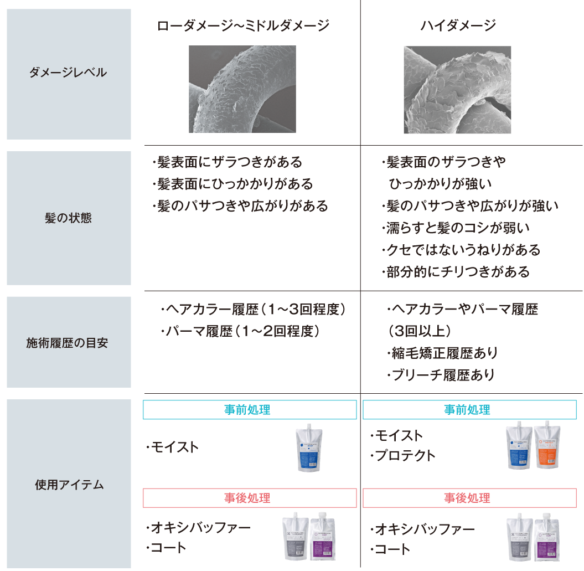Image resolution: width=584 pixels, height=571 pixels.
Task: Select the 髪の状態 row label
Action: coord(69,218)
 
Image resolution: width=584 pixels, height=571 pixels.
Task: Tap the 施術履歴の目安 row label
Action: coord(69,343)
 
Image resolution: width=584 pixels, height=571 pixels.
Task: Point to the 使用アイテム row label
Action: coord(69,485)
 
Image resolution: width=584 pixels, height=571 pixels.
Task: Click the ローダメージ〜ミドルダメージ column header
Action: coord(243,25)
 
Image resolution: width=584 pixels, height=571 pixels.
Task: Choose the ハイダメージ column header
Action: coord(458,25)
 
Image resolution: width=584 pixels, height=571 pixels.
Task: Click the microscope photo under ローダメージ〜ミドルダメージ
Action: coord(243,89)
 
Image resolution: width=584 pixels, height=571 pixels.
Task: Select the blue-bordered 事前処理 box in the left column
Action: coord(250,410)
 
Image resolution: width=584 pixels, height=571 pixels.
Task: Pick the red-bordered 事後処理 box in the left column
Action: coord(250,498)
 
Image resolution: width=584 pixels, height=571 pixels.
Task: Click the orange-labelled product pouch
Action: coord(547,446)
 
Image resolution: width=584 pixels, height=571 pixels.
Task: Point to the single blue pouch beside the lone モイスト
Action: coord(309,448)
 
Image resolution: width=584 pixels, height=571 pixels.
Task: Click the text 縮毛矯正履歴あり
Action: coord(442,353)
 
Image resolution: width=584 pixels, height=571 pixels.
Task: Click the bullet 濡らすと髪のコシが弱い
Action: coord(456,228)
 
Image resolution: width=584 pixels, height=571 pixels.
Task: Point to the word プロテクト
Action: coord(404,455)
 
